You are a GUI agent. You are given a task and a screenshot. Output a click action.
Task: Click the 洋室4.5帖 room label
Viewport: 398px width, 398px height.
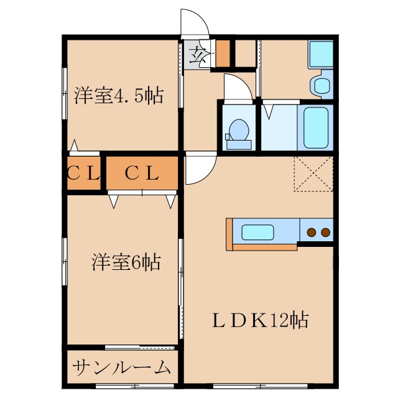click(x=118, y=96)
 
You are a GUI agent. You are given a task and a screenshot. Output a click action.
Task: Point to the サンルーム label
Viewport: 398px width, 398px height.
click(x=121, y=368)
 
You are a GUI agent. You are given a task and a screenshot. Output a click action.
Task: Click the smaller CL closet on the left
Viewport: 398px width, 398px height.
click(x=83, y=174)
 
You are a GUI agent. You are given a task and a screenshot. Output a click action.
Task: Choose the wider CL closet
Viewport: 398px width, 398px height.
click(x=142, y=174)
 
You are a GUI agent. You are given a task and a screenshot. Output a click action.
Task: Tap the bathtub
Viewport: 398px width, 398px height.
click(x=317, y=127)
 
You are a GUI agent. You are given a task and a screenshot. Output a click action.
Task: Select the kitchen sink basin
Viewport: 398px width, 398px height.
click(x=257, y=232)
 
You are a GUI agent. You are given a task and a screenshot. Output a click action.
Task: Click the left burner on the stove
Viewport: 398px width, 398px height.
click(x=311, y=233)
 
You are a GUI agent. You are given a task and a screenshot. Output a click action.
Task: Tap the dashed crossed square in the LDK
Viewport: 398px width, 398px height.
click(x=313, y=174)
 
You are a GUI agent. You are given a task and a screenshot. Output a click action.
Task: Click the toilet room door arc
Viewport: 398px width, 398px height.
click(x=238, y=87)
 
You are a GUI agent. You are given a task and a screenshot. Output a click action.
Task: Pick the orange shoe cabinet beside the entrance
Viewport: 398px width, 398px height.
click(x=223, y=53)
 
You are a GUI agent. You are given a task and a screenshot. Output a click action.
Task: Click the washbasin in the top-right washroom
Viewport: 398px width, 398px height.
click(x=322, y=86)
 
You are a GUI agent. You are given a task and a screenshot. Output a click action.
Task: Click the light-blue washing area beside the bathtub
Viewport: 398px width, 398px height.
click(x=279, y=127)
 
